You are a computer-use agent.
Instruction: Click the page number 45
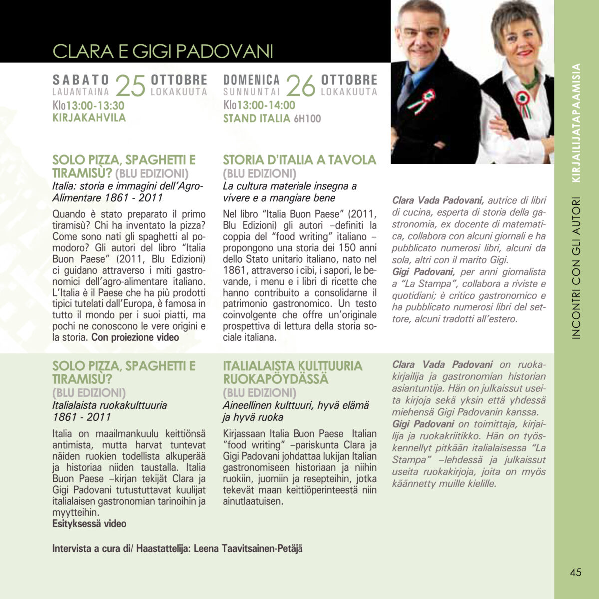[x=576, y=572]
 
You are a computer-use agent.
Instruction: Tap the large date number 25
[x=130, y=86]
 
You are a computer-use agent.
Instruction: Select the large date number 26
[x=301, y=86]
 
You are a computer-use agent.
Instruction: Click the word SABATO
[x=81, y=80]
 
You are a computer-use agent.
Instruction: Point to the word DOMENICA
[x=251, y=80]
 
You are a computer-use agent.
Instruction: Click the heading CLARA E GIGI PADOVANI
[x=163, y=51]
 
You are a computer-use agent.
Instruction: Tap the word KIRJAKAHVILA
[x=89, y=118]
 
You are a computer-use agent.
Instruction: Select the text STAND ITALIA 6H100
[x=272, y=118]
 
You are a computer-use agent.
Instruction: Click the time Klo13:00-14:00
[x=259, y=105]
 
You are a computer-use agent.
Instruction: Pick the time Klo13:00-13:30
[x=88, y=105]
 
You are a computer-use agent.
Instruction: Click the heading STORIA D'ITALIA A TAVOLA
[x=299, y=160]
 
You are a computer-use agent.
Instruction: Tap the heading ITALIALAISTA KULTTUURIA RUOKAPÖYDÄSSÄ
[x=293, y=372]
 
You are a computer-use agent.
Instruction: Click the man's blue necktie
[x=405, y=90]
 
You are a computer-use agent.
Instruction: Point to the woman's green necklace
[x=531, y=81]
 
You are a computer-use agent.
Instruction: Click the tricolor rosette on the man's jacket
[x=423, y=100]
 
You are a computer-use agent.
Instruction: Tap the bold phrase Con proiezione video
[x=135, y=337]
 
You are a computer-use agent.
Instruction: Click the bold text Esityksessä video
[x=89, y=524]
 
